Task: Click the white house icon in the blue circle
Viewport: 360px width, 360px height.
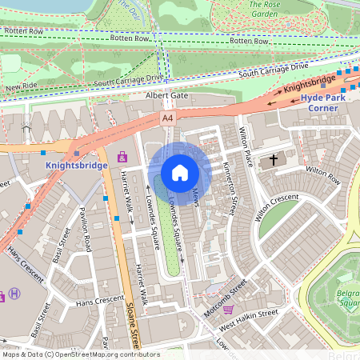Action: (x=180, y=173)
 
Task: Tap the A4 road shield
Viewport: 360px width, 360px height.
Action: (x=167, y=118)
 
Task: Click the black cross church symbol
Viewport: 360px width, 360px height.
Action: (x=274, y=160)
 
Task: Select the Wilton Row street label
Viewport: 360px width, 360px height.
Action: (x=322, y=170)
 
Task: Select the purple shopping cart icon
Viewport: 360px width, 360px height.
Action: (x=228, y=309)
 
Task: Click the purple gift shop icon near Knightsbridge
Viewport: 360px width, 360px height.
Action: (x=122, y=157)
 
